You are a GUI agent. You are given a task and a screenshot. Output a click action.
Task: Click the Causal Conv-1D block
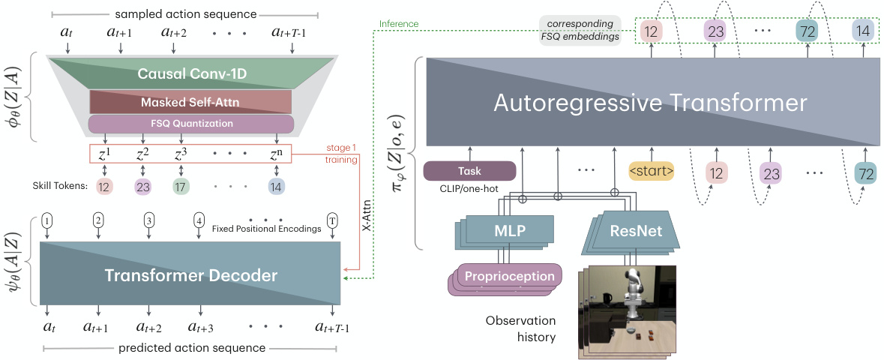(x=190, y=74)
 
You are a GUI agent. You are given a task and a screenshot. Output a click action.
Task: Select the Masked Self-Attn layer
(x=190, y=101)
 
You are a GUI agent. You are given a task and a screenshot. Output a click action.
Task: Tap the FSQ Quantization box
(x=190, y=124)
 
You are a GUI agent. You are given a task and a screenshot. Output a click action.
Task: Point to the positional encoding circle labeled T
(x=332, y=220)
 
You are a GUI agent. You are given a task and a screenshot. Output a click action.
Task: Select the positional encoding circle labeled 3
(x=149, y=220)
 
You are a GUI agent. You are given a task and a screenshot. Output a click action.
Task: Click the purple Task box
(x=470, y=171)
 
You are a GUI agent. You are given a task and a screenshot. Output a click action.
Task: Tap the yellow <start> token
(x=651, y=172)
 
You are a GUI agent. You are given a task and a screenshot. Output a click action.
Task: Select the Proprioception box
(x=509, y=276)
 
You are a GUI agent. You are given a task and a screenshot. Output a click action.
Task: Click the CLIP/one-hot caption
(x=470, y=190)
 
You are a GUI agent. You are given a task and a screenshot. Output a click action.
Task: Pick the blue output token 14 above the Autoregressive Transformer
(x=862, y=31)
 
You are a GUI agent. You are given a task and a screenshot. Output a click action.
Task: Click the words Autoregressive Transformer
(x=650, y=103)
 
